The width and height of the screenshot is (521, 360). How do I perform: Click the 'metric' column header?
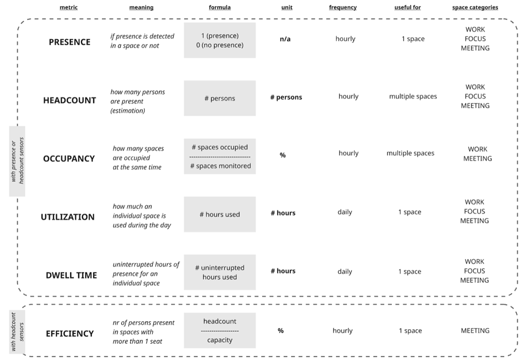coord(69,7)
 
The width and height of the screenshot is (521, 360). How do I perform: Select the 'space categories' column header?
coord(475,7)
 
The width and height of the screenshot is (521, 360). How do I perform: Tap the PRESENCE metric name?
coord(70,42)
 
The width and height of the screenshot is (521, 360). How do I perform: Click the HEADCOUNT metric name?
coord(70,100)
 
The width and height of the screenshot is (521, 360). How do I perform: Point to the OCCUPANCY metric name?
coord(69,159)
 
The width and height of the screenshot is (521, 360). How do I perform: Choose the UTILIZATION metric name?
coord(68,217)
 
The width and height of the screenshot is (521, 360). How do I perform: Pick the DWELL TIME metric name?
coord(72,275)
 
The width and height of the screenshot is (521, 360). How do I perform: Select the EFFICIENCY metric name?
coord(70,334)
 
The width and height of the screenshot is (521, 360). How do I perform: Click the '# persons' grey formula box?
coord(220,98)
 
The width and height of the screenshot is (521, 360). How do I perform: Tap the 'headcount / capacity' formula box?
coord(220,330)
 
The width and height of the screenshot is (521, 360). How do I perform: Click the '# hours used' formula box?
coord(220,214)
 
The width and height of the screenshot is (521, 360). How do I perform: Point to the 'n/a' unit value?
coord(285,39)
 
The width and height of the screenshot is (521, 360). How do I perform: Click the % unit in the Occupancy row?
coord(282,155)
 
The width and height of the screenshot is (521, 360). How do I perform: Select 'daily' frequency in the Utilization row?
coord(345,212)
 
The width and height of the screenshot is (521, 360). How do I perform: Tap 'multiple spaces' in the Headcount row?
coord(413,97)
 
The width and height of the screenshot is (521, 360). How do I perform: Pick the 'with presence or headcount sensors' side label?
coord(17,161)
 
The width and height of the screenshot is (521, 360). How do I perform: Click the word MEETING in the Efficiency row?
coord(475,331)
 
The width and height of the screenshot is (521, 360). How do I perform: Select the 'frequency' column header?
coord(343,7)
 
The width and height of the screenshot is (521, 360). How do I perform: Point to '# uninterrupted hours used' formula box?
coord(220,272)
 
